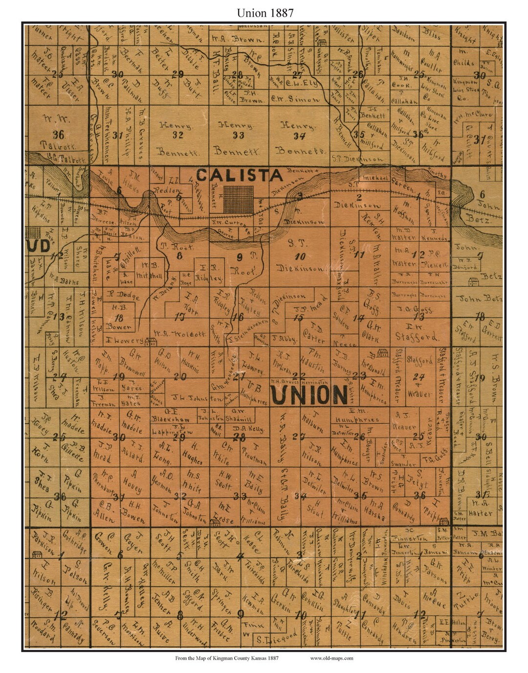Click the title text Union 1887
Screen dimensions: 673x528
pos(265,13)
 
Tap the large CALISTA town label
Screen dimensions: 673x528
pos(239,175)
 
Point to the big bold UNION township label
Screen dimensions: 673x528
pos(309,395)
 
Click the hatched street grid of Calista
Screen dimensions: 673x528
pos(239,199)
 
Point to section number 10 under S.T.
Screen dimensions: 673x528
pos(300,256)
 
